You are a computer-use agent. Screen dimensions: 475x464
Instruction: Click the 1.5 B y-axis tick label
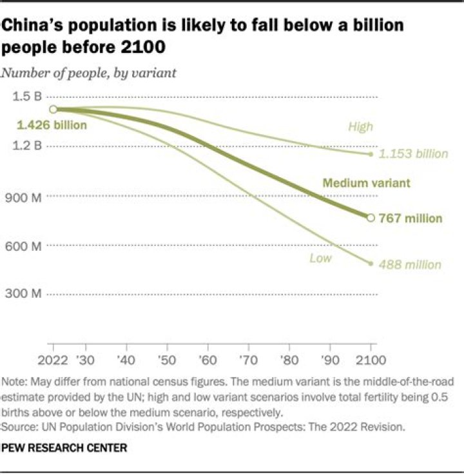(27, 97)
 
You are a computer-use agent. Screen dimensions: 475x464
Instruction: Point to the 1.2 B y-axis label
(27, 146)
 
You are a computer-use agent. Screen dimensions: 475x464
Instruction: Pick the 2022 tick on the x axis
(53, 359)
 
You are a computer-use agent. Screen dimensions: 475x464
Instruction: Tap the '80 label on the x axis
(290, 359)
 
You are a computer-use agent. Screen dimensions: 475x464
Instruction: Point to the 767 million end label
(411, 218)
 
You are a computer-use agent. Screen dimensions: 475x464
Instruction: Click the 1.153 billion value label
(412, 154)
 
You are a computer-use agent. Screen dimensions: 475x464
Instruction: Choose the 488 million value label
(410, 264)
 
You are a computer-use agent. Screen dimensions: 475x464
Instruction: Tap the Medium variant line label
(366, 183)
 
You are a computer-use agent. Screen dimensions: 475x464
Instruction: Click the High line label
(360, 126)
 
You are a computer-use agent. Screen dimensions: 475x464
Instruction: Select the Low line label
(320, 258)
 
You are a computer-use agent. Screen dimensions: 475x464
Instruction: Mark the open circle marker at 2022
(53, 110)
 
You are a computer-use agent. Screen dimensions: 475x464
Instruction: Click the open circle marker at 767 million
(371, 218)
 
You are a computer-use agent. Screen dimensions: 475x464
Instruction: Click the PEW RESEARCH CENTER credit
(64, 447)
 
